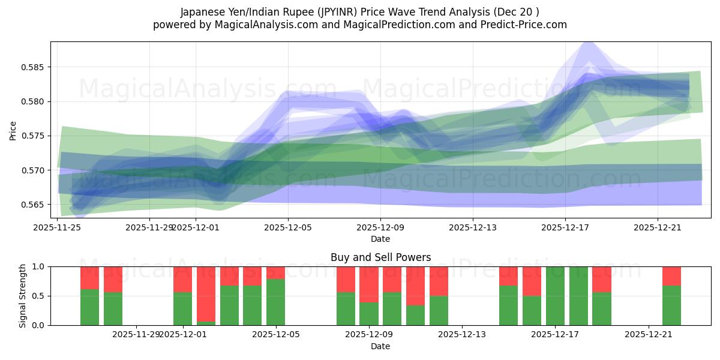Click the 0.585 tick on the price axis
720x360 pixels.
tap(35, 67)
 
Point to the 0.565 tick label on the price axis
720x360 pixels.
tap(35, 205)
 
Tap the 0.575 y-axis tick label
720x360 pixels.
tap(35, 136)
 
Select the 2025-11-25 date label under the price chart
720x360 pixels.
tap(58, 227)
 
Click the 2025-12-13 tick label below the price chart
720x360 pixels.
tap(473, 227)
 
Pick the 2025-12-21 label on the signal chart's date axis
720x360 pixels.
tap(649, 334)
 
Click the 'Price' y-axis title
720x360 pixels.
tap(13, 130)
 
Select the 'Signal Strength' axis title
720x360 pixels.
tap(22, 296)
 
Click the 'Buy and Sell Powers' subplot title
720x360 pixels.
tap(380, 257)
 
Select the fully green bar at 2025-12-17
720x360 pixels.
tap(555, 296)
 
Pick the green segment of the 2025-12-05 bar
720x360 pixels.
tap(275, 302)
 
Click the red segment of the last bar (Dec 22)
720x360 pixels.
tap(671, 276)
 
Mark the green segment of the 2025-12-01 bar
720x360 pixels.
tap(182, 308)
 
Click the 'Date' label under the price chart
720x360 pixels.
tap(380, 239)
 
